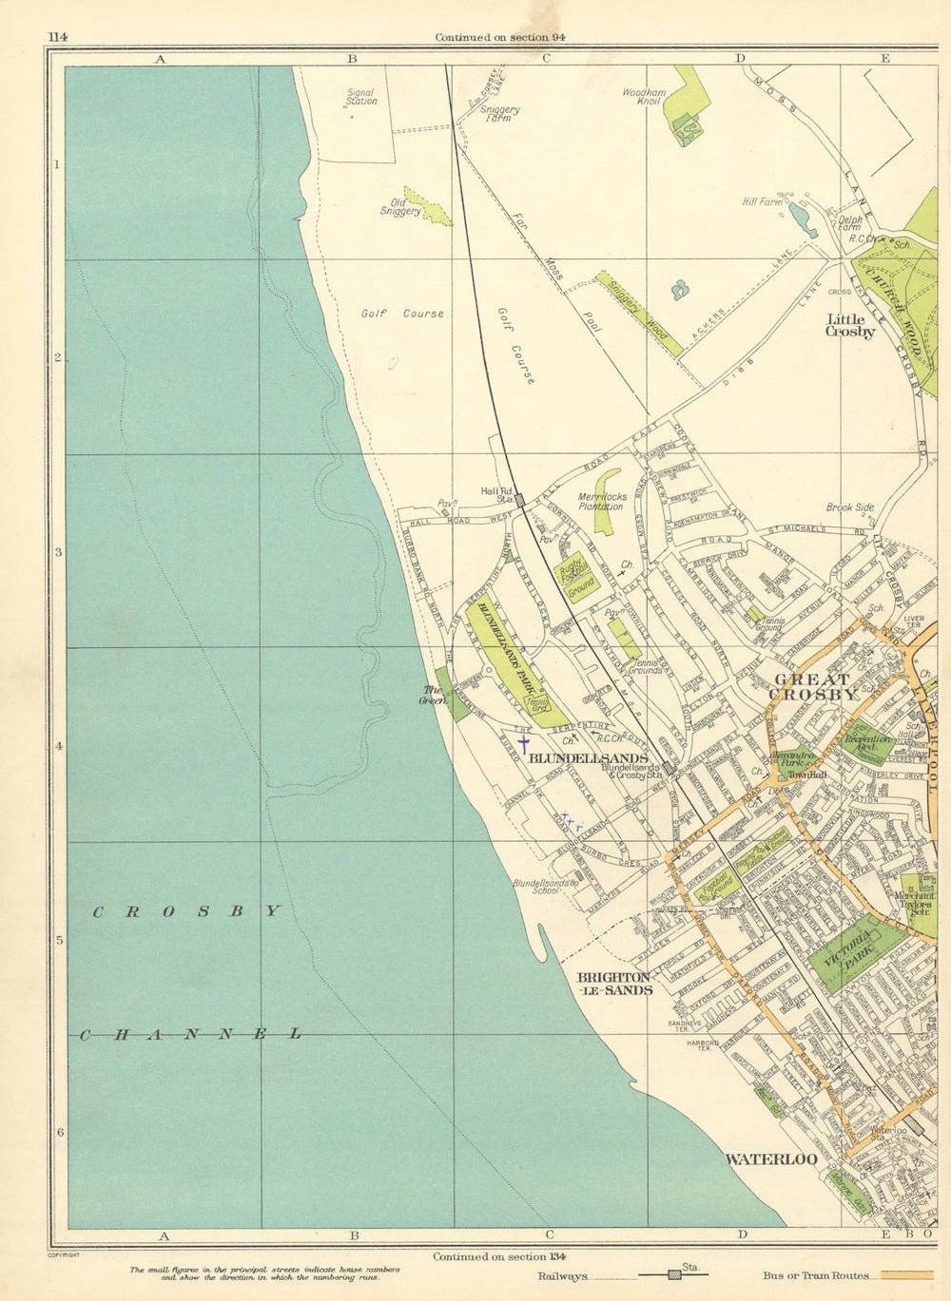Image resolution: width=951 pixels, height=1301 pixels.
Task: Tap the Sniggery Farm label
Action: pos(500,114)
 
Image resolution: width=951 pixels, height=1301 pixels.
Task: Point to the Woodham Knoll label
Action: pos(644,96)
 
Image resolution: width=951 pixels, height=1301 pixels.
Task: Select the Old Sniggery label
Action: pos(400,206)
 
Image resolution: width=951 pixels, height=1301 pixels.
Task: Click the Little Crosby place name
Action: pos(850,325)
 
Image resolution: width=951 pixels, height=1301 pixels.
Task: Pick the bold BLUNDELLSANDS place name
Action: pos(587,758)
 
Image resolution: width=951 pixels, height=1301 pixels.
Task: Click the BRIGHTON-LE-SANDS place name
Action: pos(614,983)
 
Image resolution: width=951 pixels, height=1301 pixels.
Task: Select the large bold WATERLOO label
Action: pos(771,1159)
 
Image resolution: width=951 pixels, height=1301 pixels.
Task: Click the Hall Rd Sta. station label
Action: pos(496,494)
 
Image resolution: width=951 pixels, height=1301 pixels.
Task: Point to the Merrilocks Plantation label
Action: pos(601,501)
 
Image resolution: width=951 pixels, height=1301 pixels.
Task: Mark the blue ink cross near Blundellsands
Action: pos(522,744)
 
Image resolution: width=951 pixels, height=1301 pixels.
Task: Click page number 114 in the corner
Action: pos(58,37)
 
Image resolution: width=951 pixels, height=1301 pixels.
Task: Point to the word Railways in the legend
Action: pos(562,1276)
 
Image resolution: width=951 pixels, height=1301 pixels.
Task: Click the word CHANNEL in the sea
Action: pos(190,1034)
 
